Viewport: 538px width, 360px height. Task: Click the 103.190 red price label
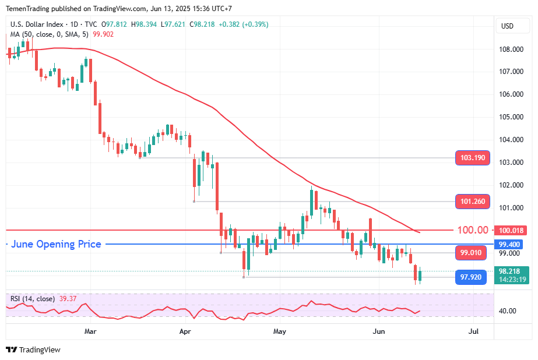point(472,158)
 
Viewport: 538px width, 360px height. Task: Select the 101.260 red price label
point(472,202)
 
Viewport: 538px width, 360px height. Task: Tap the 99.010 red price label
point(470,253)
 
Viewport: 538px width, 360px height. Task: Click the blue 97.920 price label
point(470,277)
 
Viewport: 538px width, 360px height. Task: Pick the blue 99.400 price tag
point(509,244)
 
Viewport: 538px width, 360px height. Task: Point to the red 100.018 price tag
point(509,231)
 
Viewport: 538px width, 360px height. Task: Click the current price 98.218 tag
point(509,271)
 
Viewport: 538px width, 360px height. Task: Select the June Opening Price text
point(56,244)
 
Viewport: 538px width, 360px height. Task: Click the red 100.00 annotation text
point(472,231)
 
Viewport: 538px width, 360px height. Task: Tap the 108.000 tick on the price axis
point(510,49)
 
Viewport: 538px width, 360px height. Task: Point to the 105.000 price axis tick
point(510,117)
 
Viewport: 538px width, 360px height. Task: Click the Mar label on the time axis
point(90,331)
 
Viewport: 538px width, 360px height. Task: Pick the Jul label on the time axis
point(473,331)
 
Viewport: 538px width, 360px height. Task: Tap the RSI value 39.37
point(68,299)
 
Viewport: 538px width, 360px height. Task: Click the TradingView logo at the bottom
point(33,350)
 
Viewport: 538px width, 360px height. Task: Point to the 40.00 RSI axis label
point(507,311)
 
